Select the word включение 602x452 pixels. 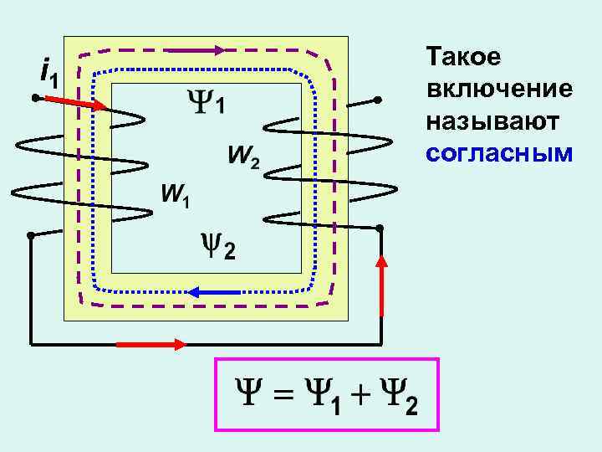tap(498, 90)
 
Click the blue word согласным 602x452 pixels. tap(498, 154)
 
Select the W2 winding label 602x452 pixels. tap(242, 156)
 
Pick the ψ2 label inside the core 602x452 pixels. tap(220, 246)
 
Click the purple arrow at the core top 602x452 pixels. tap(195, 49)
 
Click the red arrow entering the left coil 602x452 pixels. tap(76, 103)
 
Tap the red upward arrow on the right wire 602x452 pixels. tap(382, 285)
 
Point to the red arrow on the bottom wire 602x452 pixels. tap(150, 344)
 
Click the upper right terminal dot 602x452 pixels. tap(377, 100)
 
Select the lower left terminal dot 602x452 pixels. tap(30, 236)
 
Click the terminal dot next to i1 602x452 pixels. tap(36, 99)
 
